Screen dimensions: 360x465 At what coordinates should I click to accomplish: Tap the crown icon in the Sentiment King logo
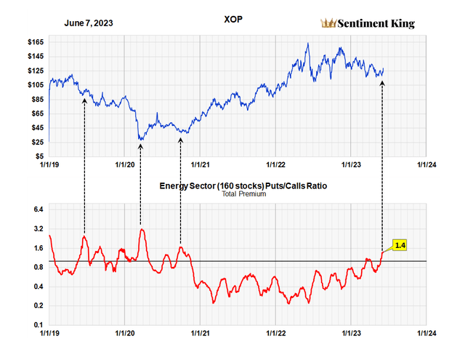328,23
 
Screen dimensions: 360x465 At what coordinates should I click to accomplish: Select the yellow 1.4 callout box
400,246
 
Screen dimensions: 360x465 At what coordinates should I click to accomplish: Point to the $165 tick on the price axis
33,42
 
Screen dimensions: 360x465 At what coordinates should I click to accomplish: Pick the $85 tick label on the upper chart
35,100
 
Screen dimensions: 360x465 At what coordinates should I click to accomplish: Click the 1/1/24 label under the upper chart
426,166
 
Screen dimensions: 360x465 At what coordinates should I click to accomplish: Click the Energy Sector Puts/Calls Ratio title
243,186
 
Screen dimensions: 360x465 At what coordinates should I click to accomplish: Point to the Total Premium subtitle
243,194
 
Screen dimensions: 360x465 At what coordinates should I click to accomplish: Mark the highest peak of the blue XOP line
308,44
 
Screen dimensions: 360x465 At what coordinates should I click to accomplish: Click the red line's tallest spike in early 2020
142,230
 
